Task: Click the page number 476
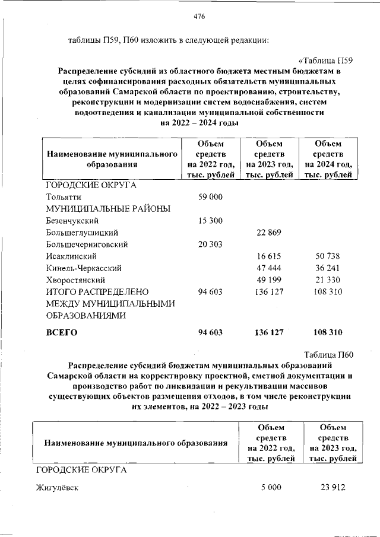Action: (199, 17)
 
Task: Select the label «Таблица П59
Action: (326, 61)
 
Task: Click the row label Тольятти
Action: (64, 196)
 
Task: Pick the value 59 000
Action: (210, 196)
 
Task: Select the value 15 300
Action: (210, 220)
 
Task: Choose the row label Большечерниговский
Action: (87, 244)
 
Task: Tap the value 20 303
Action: (210, 244)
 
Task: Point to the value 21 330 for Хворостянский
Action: (328, 279)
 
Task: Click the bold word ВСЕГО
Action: (62, 332)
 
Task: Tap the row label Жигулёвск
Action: (57, 488)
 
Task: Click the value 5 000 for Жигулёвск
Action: (271, 488)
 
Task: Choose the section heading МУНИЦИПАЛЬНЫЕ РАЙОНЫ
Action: (108, 208)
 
